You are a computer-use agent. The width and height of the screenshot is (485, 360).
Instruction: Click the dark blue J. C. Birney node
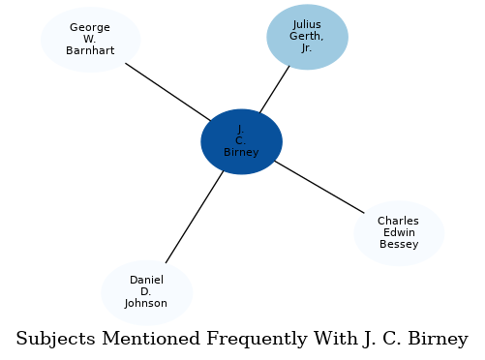241,141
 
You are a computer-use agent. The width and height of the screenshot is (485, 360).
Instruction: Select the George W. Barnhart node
90,39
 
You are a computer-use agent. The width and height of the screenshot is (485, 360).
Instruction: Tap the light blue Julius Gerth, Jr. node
307,37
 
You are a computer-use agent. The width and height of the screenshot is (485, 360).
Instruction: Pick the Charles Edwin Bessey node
399,233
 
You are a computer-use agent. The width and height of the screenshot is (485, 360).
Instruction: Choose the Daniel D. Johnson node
146,292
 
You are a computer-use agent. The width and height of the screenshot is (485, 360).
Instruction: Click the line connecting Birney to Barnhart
167,91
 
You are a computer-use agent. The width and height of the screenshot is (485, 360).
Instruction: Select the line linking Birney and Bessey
319,187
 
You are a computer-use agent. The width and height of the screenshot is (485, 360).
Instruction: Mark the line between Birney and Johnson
194,217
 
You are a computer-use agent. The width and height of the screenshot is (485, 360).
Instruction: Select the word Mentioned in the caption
147,340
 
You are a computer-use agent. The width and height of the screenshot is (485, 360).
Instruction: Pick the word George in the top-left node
90,27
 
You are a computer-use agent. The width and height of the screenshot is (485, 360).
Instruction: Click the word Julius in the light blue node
307,25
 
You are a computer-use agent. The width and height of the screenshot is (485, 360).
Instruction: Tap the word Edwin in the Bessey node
399,233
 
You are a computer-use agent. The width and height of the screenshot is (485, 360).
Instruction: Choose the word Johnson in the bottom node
146,304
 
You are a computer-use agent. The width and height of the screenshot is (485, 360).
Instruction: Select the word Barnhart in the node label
90,50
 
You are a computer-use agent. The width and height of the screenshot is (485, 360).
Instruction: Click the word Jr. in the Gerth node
307,48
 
